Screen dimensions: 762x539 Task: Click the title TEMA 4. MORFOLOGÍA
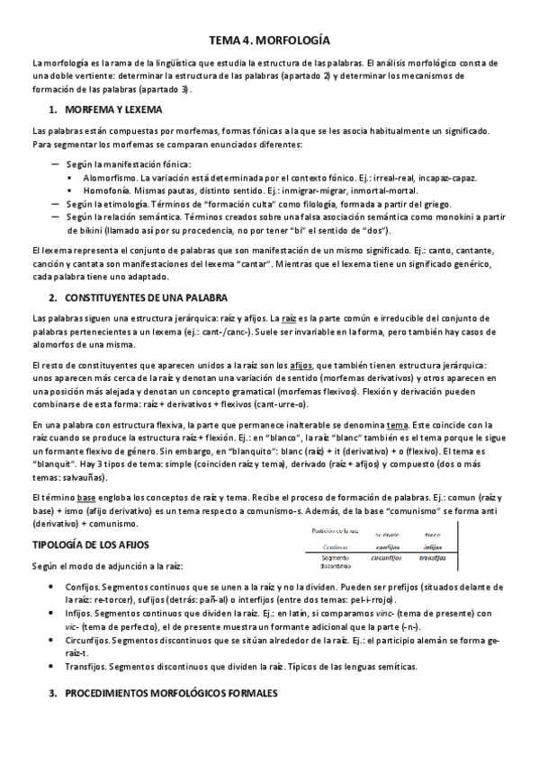(x=269, y=41)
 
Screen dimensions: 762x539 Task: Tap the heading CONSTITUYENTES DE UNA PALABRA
(x=145, y=297)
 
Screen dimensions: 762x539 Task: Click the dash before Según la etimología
(x=56, y=204)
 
